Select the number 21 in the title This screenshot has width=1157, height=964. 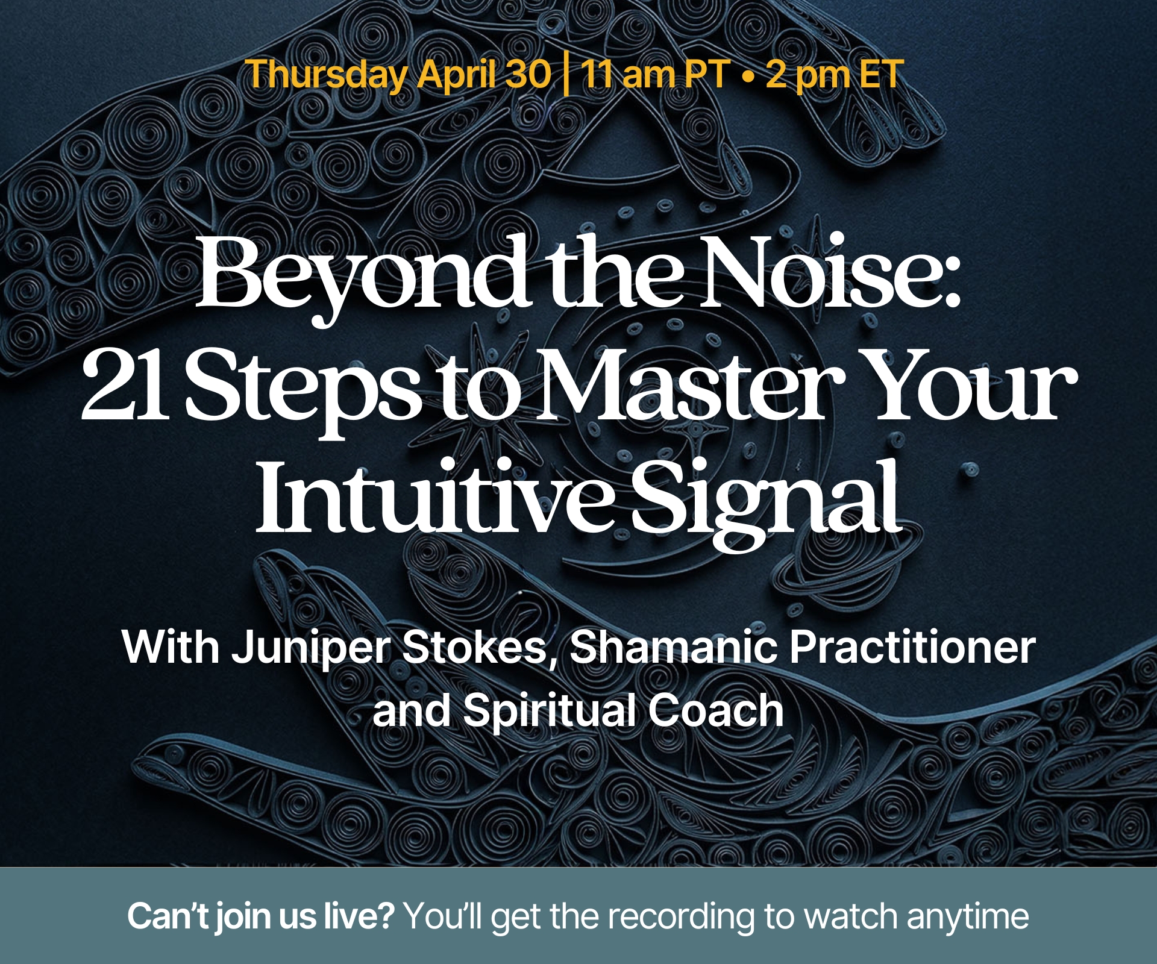(x=122, y=386)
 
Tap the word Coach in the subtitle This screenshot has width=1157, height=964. (x=716, y=710)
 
